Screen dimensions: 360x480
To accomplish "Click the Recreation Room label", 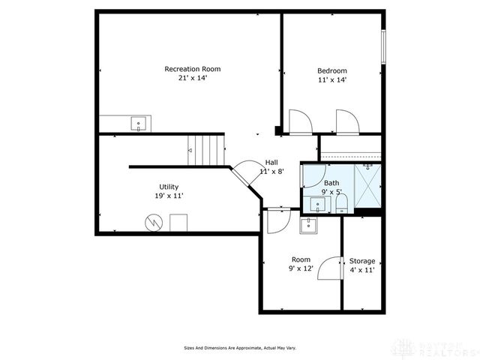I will click(193, 69).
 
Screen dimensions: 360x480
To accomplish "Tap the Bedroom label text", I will click(332, 71).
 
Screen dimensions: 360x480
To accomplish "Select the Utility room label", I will click(169, 187).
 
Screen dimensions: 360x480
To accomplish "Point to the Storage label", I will click(362, 261).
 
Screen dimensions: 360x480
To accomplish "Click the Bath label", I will click(331, 183).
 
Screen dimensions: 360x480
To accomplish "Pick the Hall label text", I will click(272, 163).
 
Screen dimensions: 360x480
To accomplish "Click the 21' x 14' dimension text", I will click(193, 78).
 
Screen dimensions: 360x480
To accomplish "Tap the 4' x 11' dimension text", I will click(362, 270).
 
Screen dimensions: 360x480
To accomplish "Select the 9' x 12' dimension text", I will click(300, 268).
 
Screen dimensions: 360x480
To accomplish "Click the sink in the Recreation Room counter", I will click(138, 123).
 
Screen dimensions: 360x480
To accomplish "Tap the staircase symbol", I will click(206, 149).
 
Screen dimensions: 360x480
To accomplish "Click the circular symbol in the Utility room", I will click(153, 223).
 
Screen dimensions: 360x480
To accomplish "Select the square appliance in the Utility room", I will click(178, 223).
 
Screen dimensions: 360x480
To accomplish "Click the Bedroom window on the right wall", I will click(383, 47).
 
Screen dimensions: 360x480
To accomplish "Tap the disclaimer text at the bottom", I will click(240, 347).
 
